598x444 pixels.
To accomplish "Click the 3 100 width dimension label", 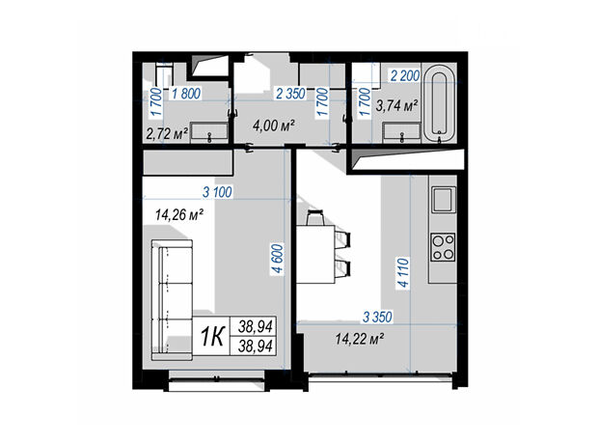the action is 217,192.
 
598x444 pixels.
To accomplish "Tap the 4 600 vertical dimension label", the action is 279,258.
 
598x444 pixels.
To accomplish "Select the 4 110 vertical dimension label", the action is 403,272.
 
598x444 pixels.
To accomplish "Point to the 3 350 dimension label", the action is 377,317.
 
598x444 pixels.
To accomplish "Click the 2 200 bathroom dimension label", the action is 405,76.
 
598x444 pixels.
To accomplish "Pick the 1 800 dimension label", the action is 186,94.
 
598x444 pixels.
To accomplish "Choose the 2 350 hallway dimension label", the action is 290,94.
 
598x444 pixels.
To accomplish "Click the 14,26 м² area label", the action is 178,215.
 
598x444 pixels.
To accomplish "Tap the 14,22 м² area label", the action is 359,338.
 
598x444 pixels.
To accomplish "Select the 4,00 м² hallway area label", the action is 274,125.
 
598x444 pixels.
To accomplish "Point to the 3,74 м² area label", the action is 397,105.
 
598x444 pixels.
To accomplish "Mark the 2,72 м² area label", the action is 168,134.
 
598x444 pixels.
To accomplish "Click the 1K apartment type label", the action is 212,337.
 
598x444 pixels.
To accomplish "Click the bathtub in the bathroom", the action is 440,103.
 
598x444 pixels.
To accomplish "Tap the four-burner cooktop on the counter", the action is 443,247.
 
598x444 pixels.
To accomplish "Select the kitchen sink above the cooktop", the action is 443,199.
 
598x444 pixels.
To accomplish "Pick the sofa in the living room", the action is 172,300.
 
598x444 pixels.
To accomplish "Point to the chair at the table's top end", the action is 315,217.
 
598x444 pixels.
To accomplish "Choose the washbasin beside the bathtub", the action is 401,132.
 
